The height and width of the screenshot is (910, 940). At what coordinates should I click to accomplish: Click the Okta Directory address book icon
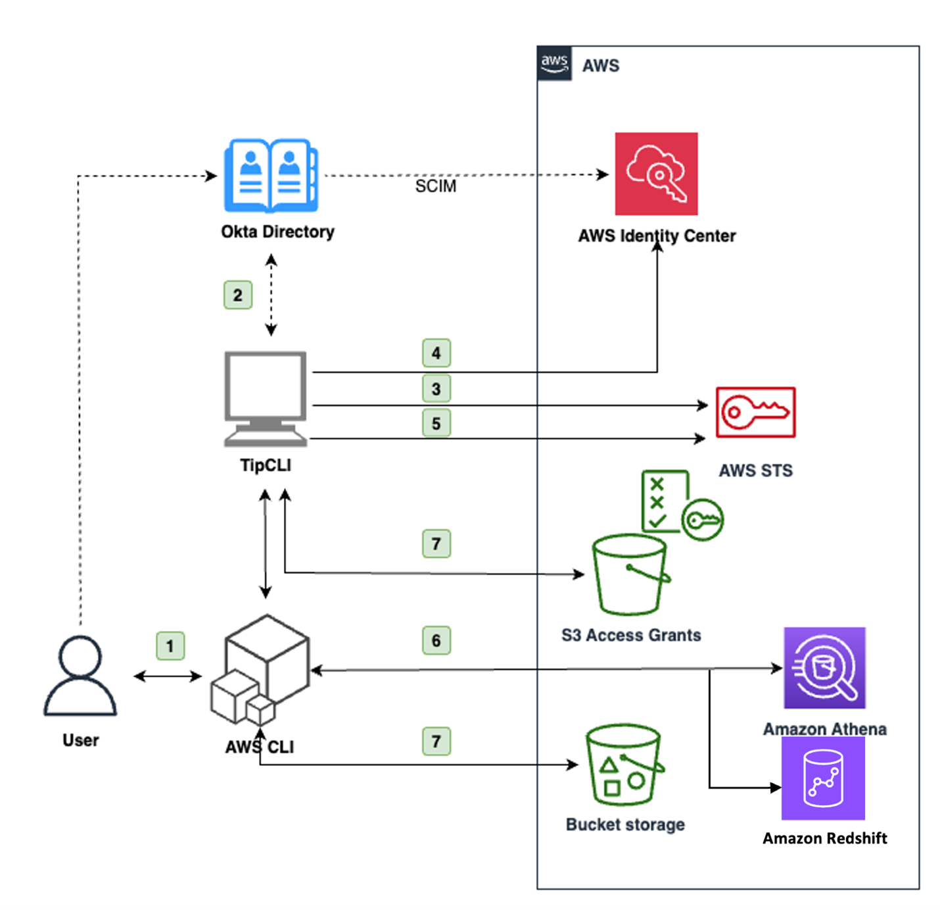pos(271,176)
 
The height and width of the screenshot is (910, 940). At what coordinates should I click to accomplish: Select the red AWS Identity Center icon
pos(656,174)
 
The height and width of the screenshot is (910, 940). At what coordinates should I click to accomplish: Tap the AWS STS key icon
pos(755,413)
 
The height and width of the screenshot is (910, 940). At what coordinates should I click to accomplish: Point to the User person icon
pos(80,676)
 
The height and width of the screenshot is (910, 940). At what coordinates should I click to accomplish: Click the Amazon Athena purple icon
pos(824,668)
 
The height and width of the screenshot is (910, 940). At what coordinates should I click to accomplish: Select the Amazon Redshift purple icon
pos(823,778)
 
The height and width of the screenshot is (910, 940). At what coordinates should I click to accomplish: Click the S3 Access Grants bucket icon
pos(630,575)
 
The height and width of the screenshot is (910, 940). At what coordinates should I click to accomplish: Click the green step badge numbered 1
pos(170,646)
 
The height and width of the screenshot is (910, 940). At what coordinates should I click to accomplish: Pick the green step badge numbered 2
pos(238,295)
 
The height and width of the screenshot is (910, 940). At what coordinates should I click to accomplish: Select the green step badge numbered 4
pos(436,353)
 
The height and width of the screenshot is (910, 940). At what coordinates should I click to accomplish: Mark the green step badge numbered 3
pos(436,389)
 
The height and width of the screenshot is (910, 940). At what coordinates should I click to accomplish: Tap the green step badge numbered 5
pos(436,423)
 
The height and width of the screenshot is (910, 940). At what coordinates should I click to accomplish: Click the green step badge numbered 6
pos(436,641)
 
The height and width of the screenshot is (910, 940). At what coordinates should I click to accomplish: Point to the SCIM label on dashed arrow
pos(435,187)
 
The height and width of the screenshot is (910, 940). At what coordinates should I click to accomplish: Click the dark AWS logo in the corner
pos(554,64)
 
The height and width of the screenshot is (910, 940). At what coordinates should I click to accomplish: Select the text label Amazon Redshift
pos(824,838)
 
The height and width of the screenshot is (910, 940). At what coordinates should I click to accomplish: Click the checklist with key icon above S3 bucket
pos(681,505)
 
